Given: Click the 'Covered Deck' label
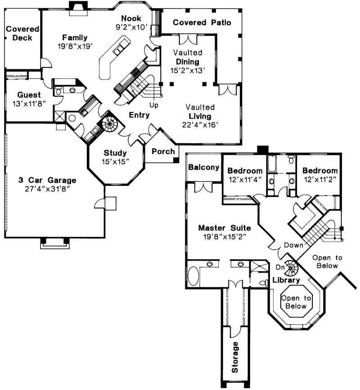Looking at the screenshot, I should [x=22, y=33].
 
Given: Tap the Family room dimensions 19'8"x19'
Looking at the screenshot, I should [x=75, y=46].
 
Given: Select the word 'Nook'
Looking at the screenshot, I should [x=131, y=18].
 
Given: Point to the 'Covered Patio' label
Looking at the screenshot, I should [x=202, y=22].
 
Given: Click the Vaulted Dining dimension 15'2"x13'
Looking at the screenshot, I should [x=187, y=70].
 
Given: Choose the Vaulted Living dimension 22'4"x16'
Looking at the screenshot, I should [x=201, y=125].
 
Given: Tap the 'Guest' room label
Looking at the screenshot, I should [x=29, y=95].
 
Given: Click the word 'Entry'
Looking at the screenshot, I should [x=139, y=115].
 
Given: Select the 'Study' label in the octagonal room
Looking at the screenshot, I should [x=116, y=152].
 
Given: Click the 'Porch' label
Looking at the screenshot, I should [x=163, y=151].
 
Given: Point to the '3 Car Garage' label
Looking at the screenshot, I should [x=47, y=180].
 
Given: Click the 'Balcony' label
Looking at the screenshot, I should [x=204, y=167].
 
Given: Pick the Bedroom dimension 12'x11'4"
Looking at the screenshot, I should [x=245, y=179].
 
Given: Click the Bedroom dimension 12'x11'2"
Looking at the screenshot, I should [x=319, y=179].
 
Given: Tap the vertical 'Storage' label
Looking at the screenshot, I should [x=235, y=358].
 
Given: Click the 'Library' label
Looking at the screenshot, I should [x=286, y=280].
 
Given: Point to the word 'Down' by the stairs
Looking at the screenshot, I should [x=293, y=245].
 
